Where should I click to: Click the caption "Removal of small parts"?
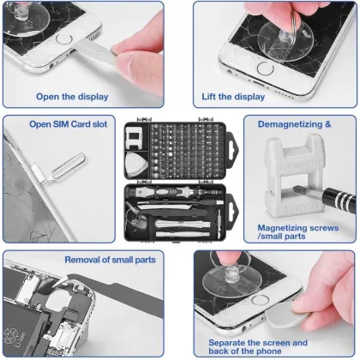[110, 258]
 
